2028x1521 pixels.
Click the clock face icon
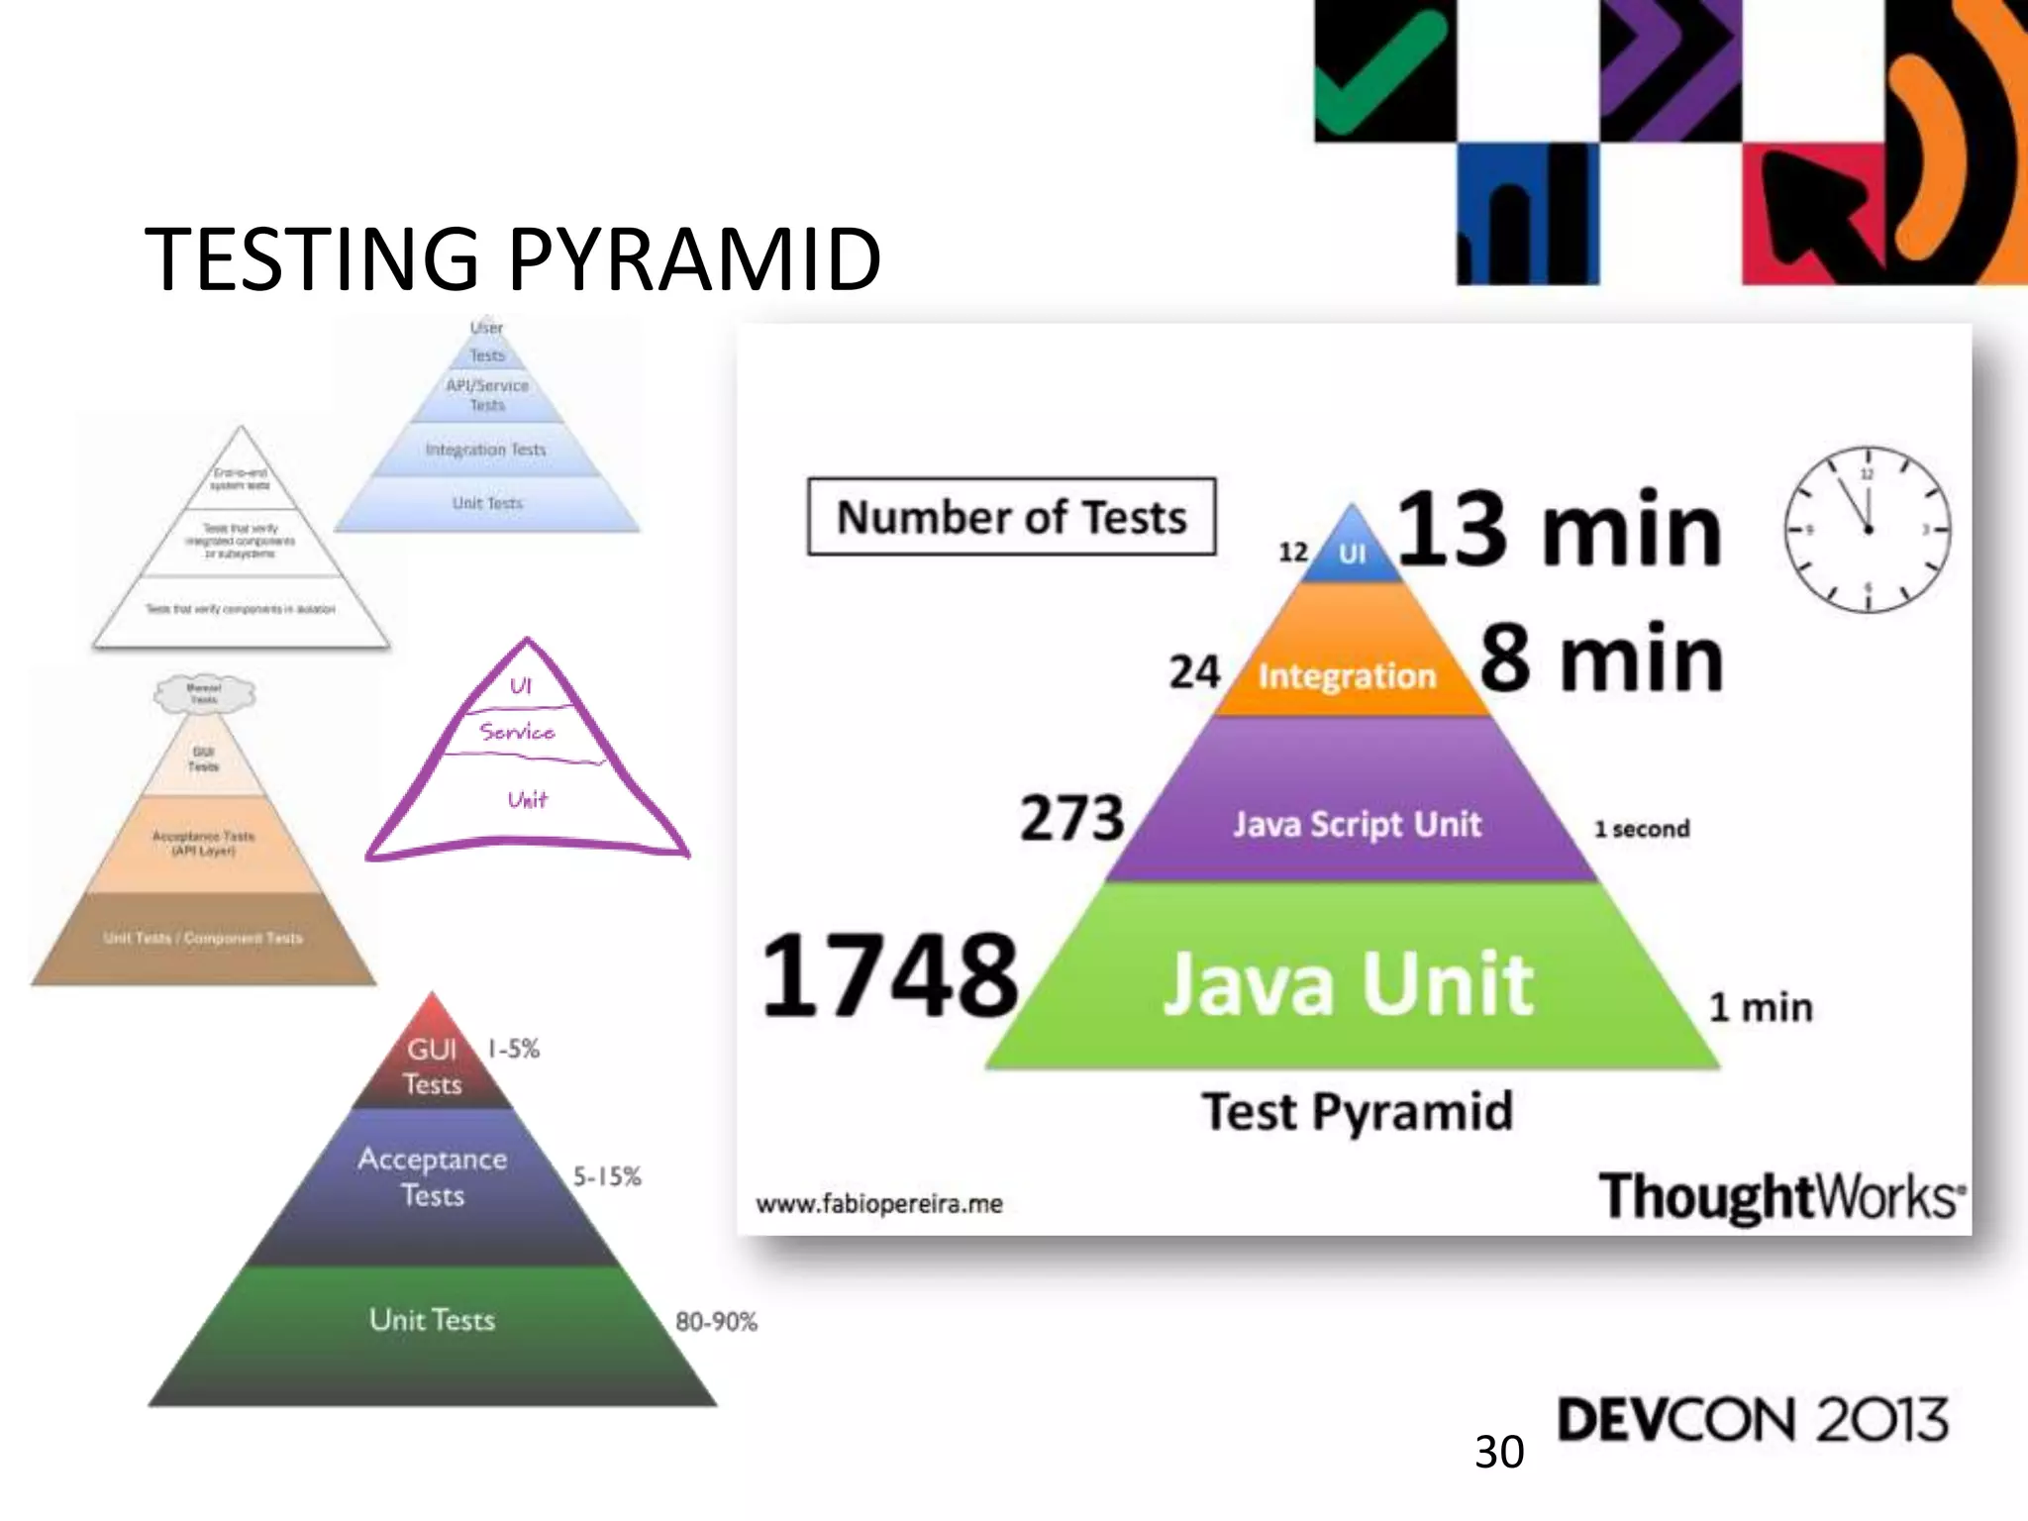coord(1867,530)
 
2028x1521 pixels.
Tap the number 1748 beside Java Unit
coord(889,976)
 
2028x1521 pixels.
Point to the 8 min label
coord(1601,659)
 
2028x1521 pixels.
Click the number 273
coord(1072,818)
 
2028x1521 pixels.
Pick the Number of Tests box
coord(1011,517)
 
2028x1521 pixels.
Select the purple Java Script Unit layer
coord(1356,824)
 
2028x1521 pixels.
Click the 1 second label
coord(1641,829)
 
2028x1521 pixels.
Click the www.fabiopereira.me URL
coord(879,1204)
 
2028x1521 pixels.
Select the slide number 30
coord(1498,1452)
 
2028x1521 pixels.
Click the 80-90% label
coord(716,1321)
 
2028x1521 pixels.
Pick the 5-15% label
coord(607,1176)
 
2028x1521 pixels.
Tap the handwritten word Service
coord(517,732)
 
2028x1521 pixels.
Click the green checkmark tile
coord(1384,69)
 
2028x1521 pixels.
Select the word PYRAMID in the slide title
coord(694,258)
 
